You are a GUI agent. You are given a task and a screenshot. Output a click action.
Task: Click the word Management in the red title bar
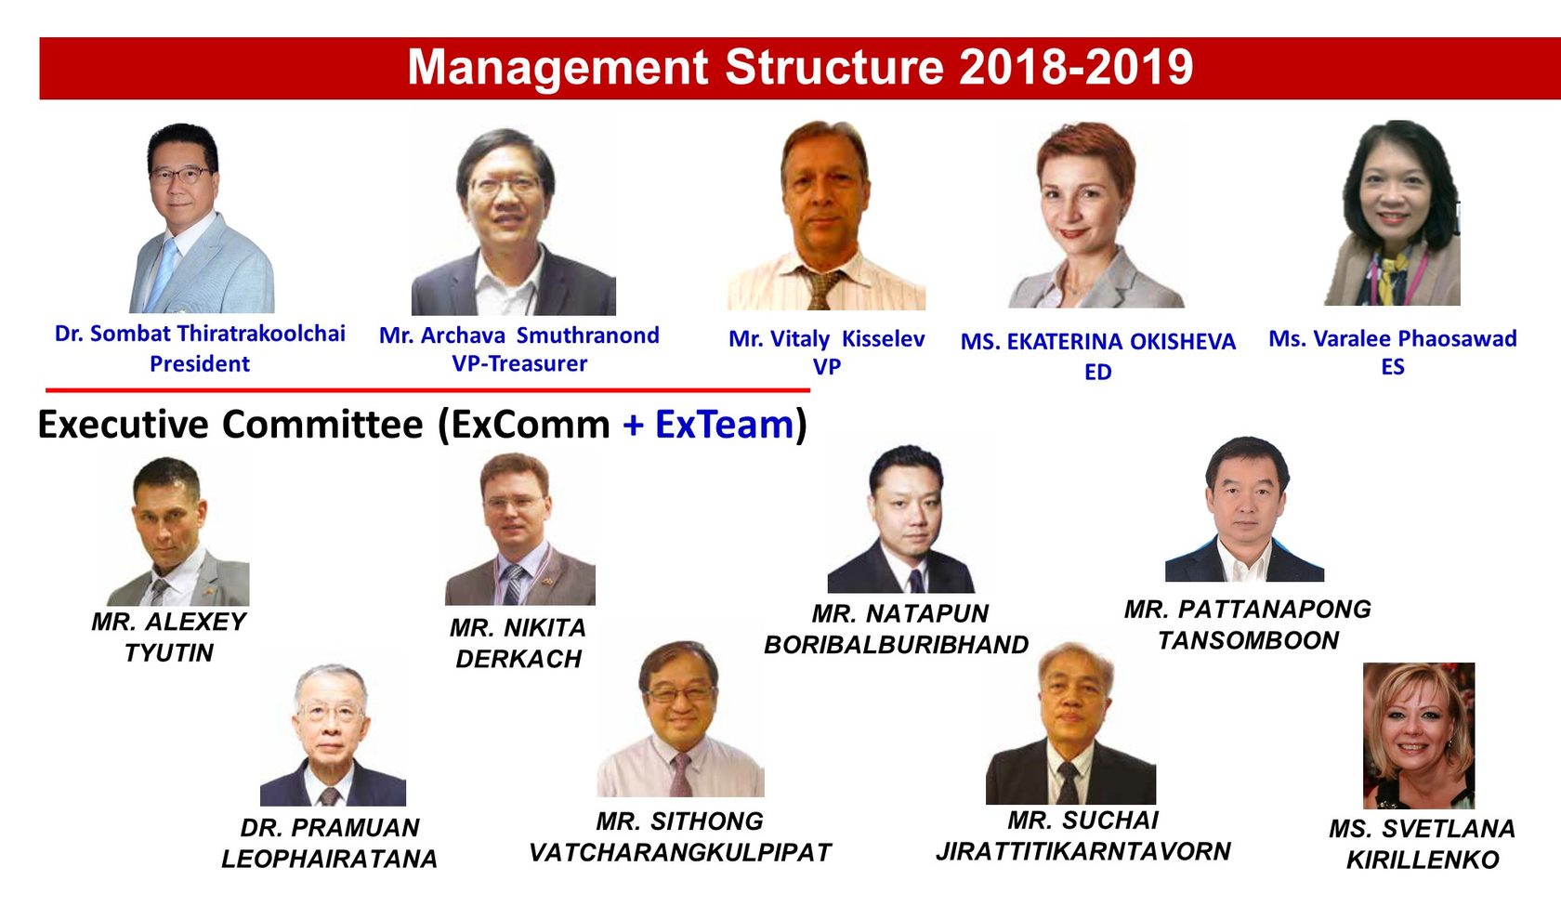point(557,68)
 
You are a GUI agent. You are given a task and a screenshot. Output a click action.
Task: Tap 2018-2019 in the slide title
point(1076,68)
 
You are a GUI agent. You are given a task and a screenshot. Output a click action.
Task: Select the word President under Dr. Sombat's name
point(200,364)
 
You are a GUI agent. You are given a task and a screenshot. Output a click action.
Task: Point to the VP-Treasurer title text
point(519,364)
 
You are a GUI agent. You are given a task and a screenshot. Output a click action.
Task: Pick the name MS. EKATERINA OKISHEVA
point(1097,342)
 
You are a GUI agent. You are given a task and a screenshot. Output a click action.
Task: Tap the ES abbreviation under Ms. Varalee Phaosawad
point(1392,367)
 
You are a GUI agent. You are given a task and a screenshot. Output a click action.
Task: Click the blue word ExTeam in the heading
point(724,425)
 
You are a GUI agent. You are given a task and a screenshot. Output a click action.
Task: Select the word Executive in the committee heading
point(123,425)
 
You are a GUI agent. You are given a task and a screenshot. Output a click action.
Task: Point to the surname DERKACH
point(518,659)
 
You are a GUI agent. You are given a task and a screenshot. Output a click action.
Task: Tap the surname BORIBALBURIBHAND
point(896,645)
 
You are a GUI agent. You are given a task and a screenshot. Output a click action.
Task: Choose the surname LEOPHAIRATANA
point(329,859)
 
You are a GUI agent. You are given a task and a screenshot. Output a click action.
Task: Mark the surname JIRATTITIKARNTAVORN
point(1082,851)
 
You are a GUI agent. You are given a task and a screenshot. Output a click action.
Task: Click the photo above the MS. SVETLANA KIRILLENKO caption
point(1418,735)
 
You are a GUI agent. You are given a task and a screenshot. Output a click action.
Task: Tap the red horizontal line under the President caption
point(427,390)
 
